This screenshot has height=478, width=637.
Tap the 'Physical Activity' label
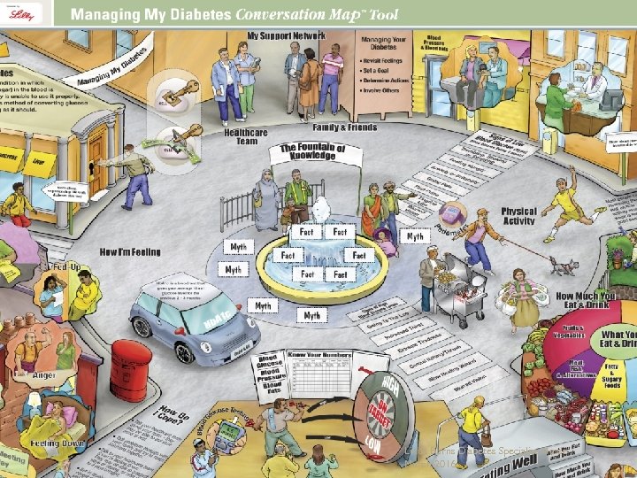518,216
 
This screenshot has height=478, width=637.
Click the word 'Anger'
43,374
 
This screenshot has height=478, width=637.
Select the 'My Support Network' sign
286,35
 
